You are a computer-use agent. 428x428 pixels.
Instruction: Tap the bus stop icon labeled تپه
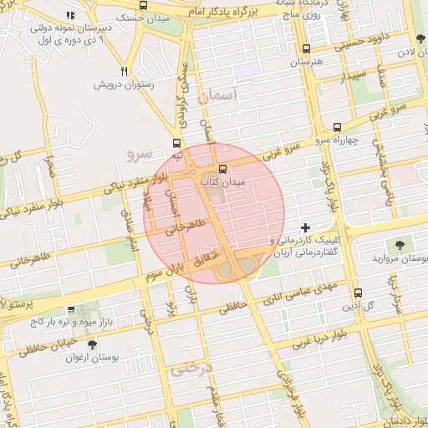tap(176, 143)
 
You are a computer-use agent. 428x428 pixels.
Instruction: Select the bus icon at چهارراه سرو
tap(337, 128)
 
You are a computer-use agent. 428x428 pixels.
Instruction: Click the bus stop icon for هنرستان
tap(306, 49)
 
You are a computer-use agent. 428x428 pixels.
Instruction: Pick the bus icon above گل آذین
tap(359, 293)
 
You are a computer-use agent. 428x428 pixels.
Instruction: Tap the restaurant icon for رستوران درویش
tap(124, 72)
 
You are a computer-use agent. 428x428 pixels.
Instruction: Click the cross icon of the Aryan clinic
tap(305, 227)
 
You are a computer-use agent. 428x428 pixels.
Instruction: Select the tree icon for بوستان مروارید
tap(400, 245)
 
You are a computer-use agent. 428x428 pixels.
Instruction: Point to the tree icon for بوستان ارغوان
tap(91, 344)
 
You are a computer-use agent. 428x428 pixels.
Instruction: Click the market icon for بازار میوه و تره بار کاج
tap(71, 309)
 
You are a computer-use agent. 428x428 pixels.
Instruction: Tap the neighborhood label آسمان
tap(219, 97)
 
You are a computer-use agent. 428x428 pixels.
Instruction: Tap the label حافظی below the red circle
tap(236, 308)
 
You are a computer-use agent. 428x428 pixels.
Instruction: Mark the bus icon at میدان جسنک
tap(144, 5)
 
